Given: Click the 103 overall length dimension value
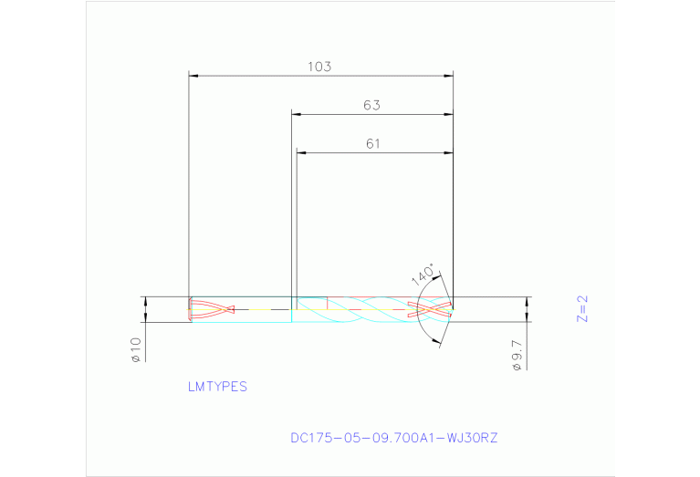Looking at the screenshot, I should point(319,67).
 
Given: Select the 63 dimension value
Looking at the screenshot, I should point(371,105).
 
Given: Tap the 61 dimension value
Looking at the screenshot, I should point(372,143).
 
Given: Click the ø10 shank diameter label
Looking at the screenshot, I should point(136,349).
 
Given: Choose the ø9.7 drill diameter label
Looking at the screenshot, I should point(517,355).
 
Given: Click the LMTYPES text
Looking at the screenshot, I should point(217,387).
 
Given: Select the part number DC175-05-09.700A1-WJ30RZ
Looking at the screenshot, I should point(394,438).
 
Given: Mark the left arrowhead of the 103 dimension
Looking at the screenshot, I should point(192,75).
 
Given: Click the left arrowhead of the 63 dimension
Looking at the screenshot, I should point(295,114).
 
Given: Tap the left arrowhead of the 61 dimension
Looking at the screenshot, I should point(300,152).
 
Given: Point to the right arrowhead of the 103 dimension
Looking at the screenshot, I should point(449,75).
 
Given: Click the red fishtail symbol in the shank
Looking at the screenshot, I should point(212,310).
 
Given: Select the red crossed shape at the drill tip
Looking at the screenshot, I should point(430,309).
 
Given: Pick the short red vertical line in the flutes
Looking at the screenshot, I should point(327,303).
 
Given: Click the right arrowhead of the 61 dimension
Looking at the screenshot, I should point(449,152).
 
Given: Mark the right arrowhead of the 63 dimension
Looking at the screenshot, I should point(449,114).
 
